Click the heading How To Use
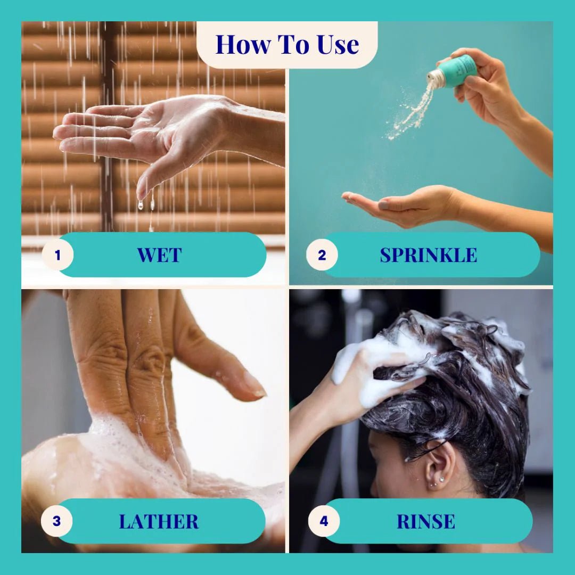point(287,44)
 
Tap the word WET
point(159,255)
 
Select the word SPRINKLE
point(428,255)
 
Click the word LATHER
point(159,521)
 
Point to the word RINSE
point(426,521)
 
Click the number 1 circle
point(57,255)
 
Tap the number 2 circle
point(322,255)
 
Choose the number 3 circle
point(56,521)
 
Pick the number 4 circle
point(324,521)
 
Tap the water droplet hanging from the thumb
point(140,204)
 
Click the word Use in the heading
point(338,45)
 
